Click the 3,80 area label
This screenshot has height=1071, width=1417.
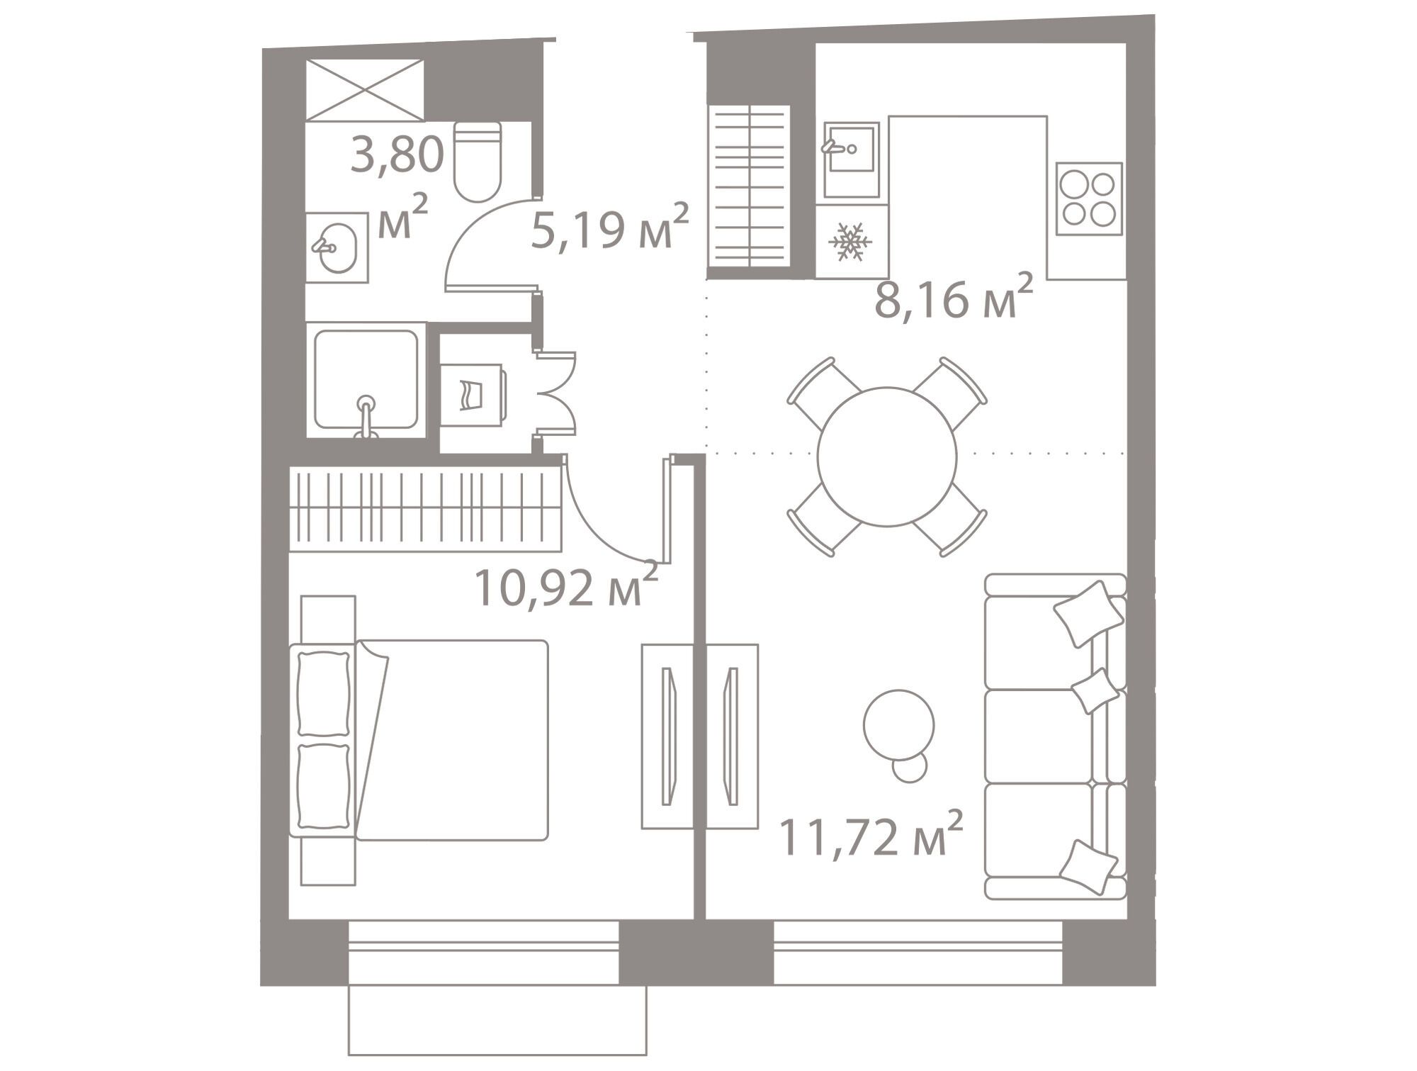[x=397, y=155]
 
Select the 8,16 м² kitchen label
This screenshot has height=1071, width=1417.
[x=953, y=296]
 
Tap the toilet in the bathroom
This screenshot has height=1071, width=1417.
[x=477, y=162]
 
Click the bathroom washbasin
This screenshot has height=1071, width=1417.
[x=337, y=247]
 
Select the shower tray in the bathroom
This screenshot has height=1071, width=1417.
[x=366, y=380]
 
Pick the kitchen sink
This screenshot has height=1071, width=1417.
[x=851, y=159]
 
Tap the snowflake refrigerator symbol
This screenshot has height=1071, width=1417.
[x=850, y=241]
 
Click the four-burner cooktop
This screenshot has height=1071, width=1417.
[x=1089, y=198]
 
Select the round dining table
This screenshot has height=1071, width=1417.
[x=886, y=456]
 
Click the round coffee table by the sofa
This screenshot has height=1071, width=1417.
[x=898, y=724]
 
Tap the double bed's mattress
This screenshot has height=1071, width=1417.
[x=452, y=740]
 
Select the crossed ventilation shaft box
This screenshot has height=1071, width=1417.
[x=365, y=90]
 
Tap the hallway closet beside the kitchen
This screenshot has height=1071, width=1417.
[x=749, y=186]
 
